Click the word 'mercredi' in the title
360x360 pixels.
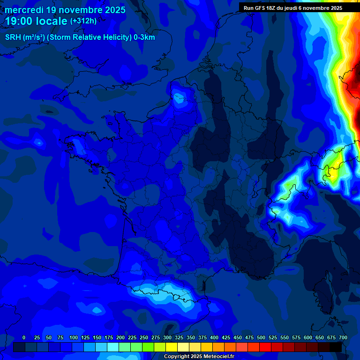24,10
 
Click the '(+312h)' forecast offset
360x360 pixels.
83,21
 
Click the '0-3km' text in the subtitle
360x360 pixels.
144,37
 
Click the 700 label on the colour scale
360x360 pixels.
343,337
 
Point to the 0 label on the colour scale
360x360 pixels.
24,337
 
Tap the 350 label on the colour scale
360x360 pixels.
191,337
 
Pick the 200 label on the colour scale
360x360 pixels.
120,337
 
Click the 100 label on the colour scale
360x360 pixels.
74,337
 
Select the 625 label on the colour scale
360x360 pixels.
320,337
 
